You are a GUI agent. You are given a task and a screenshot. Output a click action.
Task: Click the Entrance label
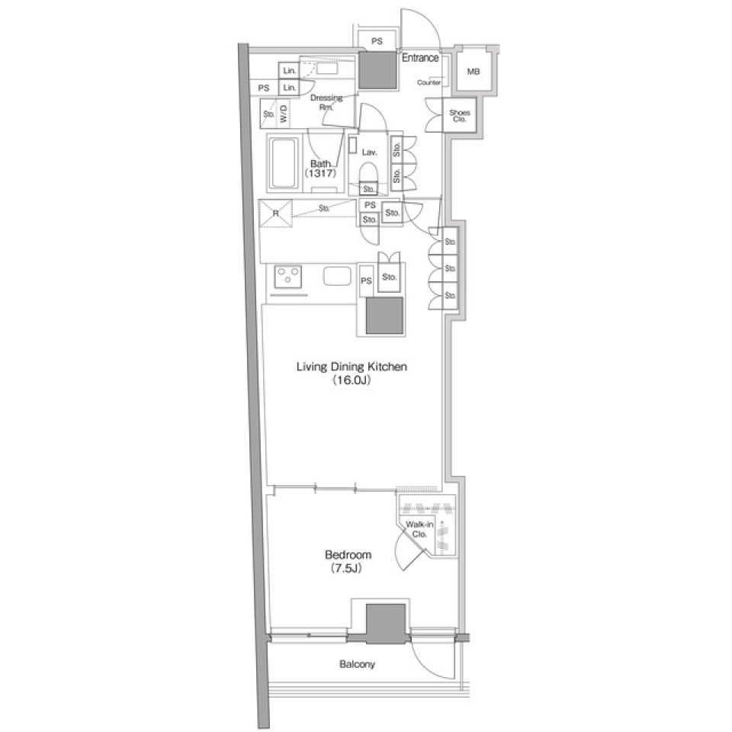tap(420, 58)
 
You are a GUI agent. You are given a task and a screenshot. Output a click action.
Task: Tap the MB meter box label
tap(474, 72)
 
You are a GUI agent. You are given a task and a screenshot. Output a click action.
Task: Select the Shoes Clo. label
tap(459, 116)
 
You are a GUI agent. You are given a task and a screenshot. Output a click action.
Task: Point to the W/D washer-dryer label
tap(284, 114)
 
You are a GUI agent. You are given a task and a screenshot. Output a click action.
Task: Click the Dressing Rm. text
tap(326, 102)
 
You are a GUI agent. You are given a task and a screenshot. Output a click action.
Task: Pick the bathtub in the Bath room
tap(282, 162)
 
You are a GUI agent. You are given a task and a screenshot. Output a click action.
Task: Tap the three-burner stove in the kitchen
tap(288, 277)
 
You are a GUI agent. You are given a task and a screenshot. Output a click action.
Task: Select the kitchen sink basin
tap(337, 276)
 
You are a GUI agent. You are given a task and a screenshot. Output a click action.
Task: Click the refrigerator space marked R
tap(275, 213)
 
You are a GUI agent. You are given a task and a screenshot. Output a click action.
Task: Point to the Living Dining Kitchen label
tap(352, 367)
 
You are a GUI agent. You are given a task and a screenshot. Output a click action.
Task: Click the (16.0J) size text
tap(352, 380)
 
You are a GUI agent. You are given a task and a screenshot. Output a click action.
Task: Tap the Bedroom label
tap(348, 554)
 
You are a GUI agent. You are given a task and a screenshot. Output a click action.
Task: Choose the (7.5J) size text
tap(346, 569)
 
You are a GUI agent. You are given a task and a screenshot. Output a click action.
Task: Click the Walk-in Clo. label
tap(419, 529)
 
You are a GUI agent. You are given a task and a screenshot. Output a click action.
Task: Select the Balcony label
tap(357, 664)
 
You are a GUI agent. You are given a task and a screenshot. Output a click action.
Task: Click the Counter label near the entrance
tap(429, 82)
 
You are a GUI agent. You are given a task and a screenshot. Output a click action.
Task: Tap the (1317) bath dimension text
tap(320, 174)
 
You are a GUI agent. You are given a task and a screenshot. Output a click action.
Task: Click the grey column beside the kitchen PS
tap(384, 316)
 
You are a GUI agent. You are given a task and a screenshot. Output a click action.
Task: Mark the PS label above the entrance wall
tap(377, 41)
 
